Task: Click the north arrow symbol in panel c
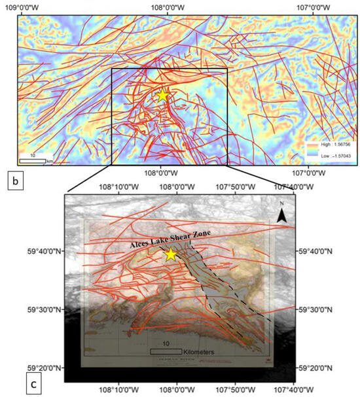pyautogui.click(x=281, y=216)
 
